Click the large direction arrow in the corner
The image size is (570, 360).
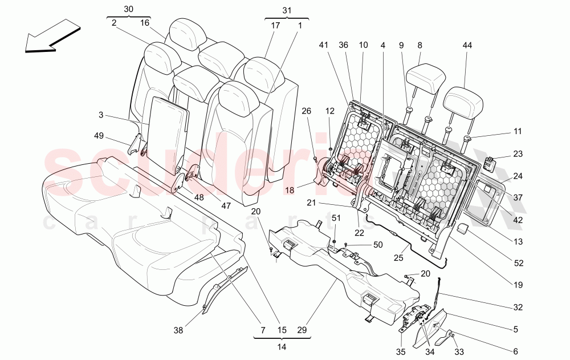coord(52,37)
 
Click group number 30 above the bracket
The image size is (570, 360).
coord(129,9)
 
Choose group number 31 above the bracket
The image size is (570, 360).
coord(286,11)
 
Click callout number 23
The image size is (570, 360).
coord(518,153)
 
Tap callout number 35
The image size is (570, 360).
coord(401,351)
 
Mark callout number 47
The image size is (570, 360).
coord(226,205)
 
